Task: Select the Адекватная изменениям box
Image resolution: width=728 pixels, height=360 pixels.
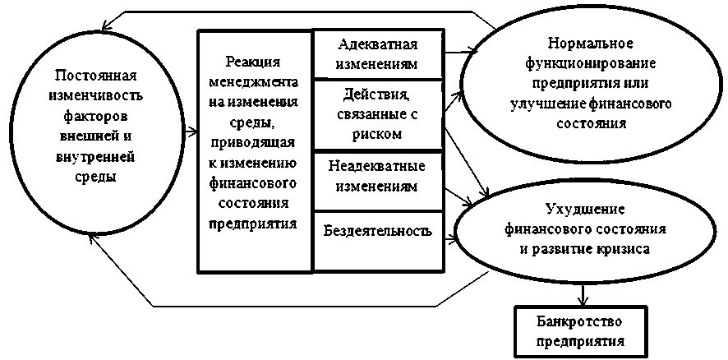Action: (377, 53)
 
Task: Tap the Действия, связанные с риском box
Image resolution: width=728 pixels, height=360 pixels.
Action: (377, 114)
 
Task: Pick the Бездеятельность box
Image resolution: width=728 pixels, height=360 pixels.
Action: (377, 231)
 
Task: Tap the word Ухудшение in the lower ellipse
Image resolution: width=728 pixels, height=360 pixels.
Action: (581, 208)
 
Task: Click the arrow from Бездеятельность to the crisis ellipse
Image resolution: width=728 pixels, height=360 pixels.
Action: (451, 239)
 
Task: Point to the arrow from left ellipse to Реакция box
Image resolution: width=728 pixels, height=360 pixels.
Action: (191, 130)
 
